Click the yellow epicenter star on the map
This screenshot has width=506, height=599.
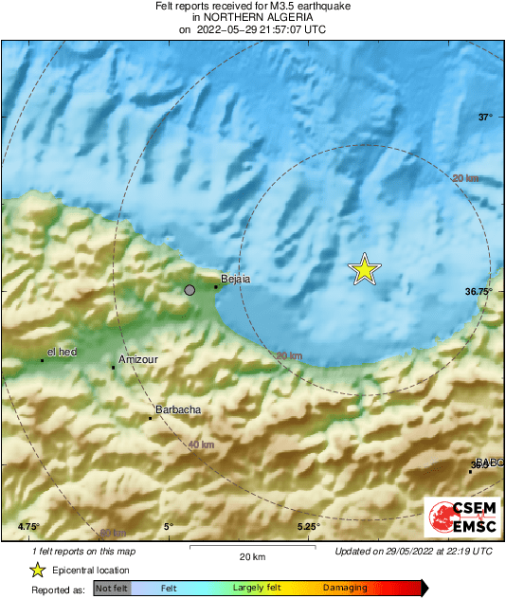(x=365, y=270)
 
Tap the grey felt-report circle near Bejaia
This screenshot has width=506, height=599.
(x=190, y=290)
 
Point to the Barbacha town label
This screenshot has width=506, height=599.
(x=175, y=409)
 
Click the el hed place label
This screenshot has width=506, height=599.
(x=62, y=352)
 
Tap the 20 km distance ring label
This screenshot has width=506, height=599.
(x=465, y=178)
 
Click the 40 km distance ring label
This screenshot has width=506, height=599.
(x=200, y=445)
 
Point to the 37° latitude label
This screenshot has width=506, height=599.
(x=485, y=118)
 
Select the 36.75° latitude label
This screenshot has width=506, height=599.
(x=479, y=292)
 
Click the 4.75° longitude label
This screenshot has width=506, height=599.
(x=28, y=526)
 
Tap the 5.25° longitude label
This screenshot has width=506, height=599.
(x=309, y=526)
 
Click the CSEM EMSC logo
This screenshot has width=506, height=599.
(x=458, y=517)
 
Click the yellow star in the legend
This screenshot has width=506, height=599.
(x=37, y=570)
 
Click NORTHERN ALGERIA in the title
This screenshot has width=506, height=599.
(x=252, y=17)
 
